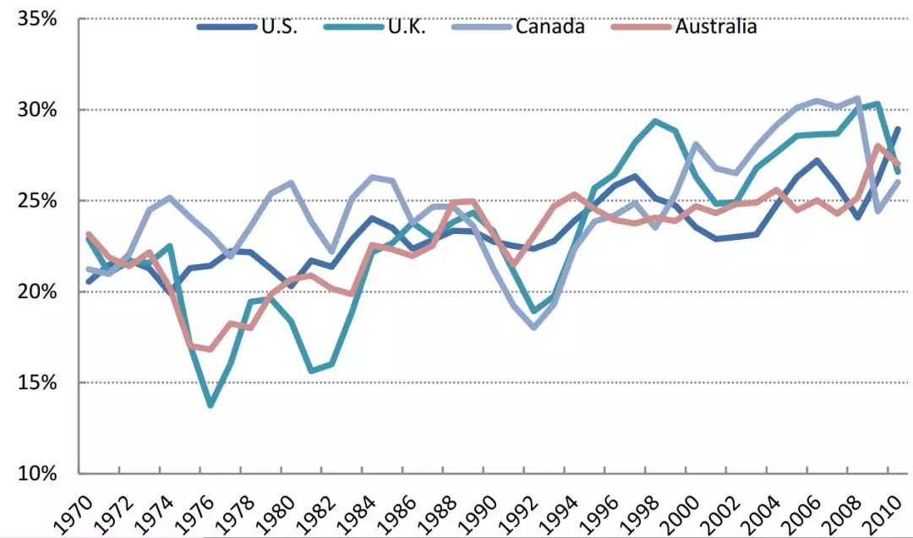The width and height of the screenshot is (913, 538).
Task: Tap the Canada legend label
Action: (549, 27)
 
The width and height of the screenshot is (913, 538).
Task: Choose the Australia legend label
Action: (715, 27)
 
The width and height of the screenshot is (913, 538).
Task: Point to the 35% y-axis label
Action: (37, 19)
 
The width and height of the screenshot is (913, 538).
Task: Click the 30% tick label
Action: (37, 110)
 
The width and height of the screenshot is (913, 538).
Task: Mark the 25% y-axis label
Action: (37, 201)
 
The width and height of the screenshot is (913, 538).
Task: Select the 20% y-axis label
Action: (37, 291)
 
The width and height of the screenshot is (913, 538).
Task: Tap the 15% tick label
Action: (37, 383)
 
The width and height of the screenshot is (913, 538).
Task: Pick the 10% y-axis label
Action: (37, 473)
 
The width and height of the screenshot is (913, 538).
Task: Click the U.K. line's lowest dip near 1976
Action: (210, 405)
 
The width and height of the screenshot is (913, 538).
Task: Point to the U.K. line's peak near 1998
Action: (655, 121)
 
